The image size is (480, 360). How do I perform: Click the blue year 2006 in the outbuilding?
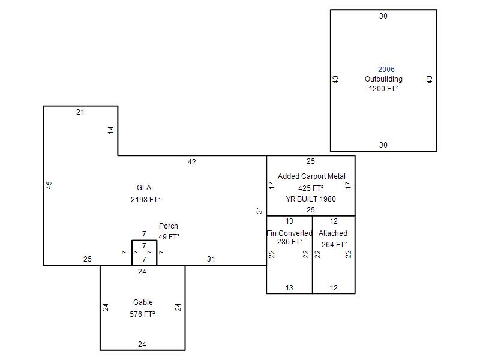(x=386, y=70)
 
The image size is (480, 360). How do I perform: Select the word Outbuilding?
(x=383, y=79)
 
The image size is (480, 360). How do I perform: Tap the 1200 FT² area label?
(x=383, y=88)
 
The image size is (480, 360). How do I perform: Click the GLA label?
(x=144, y=188)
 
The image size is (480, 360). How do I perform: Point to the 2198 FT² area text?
(x=145, y=200)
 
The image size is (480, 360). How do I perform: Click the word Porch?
(x=169, y=226)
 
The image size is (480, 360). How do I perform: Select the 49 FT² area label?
(x=169, y=236)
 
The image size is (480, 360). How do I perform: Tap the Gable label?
(x=143, y=302)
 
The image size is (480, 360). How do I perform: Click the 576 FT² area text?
(x=142, y=314)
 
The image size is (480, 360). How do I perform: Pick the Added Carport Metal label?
(x=311, y=176)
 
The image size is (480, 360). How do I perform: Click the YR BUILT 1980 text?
(x=311, y=199)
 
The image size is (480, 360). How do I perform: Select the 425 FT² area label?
(x=311, y=188)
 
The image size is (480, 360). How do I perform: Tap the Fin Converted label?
(x=289, y=233)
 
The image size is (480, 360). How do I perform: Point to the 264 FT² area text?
(x=334, y=244)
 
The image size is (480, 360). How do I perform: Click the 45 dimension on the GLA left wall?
(x=49, y=185)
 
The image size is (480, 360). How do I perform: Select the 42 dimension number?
(x=192, y=162)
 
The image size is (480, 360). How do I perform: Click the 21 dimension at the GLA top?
(x=80, y=112)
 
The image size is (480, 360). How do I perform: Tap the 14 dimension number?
(x=111, y=130)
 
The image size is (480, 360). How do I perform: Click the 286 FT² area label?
(x=290, y=242)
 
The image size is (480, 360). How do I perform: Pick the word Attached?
(x=333, y=233)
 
